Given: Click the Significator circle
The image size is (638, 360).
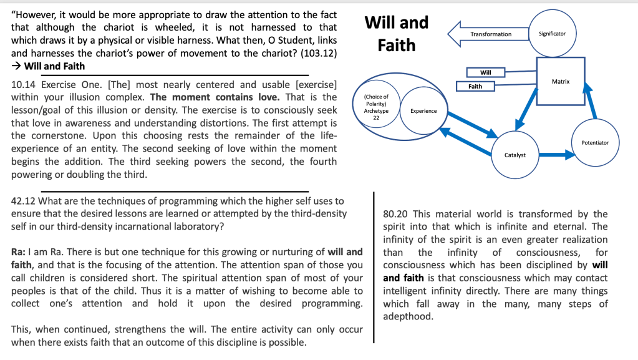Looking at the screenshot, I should point(552,33).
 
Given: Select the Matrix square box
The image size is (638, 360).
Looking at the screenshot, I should point(560,82).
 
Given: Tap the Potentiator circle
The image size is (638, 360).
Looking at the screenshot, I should point(594,143).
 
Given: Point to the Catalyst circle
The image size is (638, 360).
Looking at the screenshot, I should point(515,154).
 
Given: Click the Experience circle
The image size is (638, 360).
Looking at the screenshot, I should point(423,111).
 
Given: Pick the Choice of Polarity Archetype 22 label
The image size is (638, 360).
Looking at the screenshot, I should point(376,107).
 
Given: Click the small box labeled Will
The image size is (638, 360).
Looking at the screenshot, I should point(486,73).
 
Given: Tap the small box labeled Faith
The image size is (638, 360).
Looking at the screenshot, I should point(475,86).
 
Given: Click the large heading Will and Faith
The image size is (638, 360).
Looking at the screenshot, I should point(397,34).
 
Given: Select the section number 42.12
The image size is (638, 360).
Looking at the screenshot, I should point(24,201).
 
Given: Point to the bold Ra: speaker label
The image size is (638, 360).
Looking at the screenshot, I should point(19,252).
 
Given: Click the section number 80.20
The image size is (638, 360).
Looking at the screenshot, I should point(395,214).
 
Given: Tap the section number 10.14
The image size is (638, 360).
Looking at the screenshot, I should point(24,84).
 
